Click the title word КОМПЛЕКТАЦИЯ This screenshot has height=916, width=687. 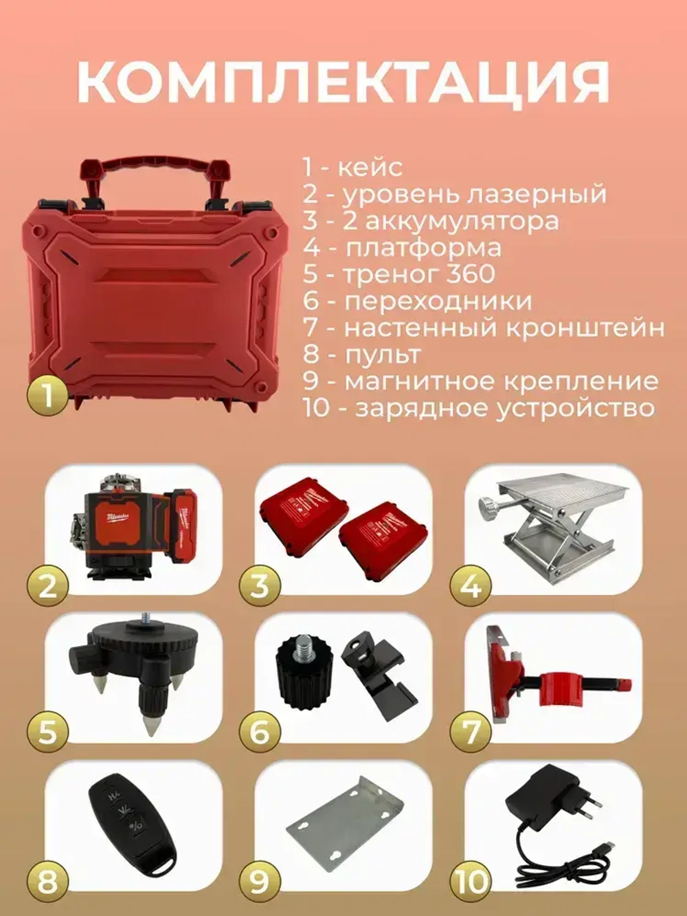click(x=343, y=82)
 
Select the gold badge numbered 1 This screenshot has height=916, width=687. click(x=47, y=396)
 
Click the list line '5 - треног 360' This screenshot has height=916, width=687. click(x=399, y=274)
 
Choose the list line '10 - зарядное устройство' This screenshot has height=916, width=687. click(x=478, y=408)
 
